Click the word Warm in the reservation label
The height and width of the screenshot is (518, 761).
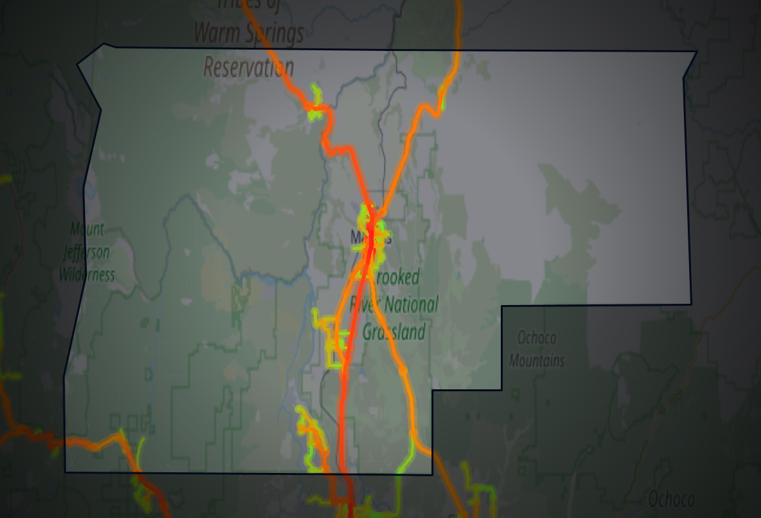point(221,31)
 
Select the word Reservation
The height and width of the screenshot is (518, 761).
point(249,67)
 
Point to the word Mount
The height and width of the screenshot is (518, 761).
point(87,229)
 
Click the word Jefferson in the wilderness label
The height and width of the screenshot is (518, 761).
point(87,251)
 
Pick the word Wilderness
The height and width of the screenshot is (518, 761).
point(87,274)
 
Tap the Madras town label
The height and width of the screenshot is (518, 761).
point(370,237)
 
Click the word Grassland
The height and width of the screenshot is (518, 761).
point(394,332)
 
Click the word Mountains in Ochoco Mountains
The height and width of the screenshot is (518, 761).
point(537,360)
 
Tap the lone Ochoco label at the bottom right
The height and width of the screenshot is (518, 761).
point(671,499)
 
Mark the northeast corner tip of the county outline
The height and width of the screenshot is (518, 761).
point(697,51)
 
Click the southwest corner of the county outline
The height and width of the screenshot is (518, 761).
point(65,471)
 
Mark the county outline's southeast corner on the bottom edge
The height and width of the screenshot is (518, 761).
point(431,474)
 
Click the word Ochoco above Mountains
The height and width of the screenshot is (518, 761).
point(537,338)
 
